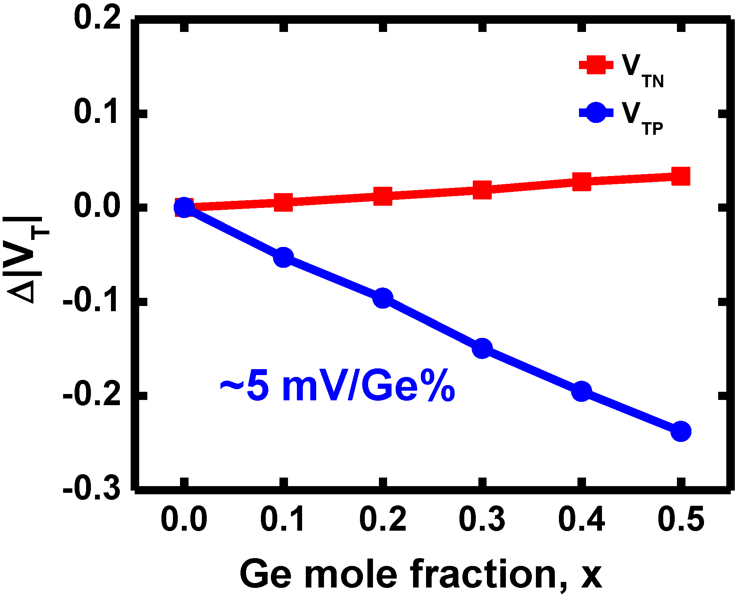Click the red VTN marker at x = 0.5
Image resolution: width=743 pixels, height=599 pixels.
click(x=681, y=176)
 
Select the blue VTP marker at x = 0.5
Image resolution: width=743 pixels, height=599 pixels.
click(x=681, y=431)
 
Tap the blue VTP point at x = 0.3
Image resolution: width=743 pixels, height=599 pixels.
click(x=482, y=348)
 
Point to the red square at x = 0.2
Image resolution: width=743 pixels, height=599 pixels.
click(x=383, y=196)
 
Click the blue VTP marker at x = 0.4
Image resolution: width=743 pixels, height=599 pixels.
click(x=582, y=391)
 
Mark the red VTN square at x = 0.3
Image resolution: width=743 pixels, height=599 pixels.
click(x=482, y=190)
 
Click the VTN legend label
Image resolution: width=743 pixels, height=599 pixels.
click(x=642, y=71)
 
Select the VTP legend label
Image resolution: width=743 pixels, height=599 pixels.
click(x=642, y=118)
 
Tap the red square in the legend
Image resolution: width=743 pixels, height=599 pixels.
click(x=596, y=65)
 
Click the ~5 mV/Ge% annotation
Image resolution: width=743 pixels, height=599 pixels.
click(x=337, y=387)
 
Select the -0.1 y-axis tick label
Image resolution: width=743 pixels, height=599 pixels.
click(x=92, y=301)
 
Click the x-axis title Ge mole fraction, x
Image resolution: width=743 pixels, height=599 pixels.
click(x=421, y=574)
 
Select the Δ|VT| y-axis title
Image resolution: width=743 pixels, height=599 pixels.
click(x=26, y=260)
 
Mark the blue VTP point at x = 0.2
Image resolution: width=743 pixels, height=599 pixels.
click(x=383, y=298)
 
